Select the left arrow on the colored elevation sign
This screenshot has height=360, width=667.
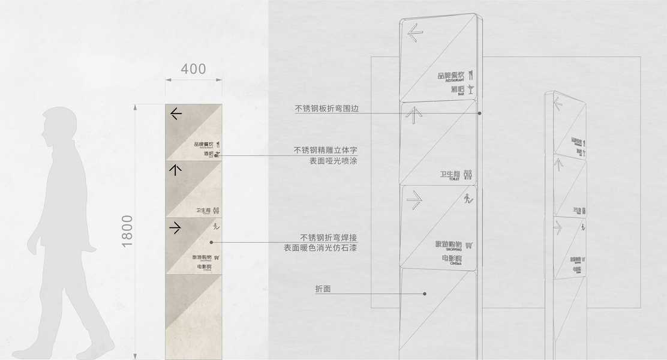(x=175, y=112)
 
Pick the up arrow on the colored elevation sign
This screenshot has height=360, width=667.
(x=175, y=170)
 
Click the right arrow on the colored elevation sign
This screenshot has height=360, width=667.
(x=175, y=227)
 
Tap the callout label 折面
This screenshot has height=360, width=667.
(x=323, y=289)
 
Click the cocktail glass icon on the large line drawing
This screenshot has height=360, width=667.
(x=471, y=89)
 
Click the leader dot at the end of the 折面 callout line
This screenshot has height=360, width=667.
(x=424, y=294)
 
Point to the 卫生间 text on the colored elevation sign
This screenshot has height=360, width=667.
(x=203, y=211)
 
